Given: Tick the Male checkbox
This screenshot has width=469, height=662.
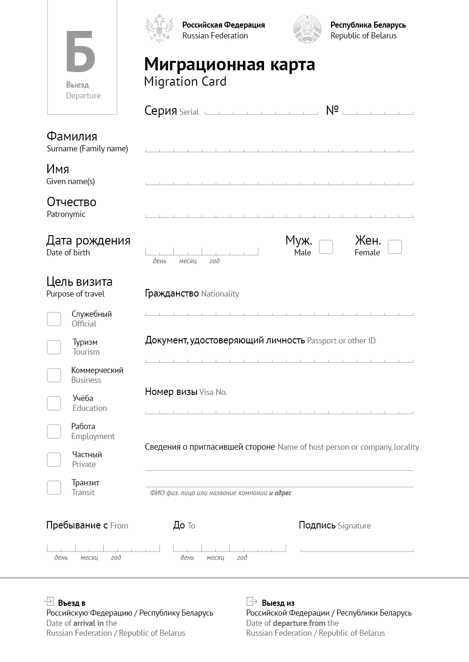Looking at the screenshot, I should (326, 247).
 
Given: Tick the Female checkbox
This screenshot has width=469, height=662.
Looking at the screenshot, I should (395, 247).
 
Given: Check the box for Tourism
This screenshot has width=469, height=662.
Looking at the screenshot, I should (54, 347).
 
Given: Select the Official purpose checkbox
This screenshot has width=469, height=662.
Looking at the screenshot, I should (54, 319).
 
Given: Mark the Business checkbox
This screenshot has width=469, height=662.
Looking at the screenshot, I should (54, 375).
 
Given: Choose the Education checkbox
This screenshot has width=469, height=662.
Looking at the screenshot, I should (54, 403).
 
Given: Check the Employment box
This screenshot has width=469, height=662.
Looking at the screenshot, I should (54, 431).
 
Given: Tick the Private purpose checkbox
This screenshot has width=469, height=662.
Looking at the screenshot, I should (54, 460).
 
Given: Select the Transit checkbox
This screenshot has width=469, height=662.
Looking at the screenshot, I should (54, 488).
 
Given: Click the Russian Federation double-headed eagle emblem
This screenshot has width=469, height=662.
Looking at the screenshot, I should (159, 29).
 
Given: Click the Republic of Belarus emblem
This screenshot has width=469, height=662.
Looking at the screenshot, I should (307, 29).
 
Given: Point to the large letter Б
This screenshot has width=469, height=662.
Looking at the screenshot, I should (80, 52).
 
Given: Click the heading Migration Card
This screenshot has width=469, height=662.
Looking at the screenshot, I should (185, 82).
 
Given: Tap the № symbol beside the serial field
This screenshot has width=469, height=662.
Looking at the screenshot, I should (332, 110).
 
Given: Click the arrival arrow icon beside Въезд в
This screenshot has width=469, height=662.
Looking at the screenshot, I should (48, 601).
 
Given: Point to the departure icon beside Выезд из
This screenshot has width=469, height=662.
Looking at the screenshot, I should (252, 601).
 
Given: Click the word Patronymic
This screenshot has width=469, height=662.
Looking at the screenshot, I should (66, 214).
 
